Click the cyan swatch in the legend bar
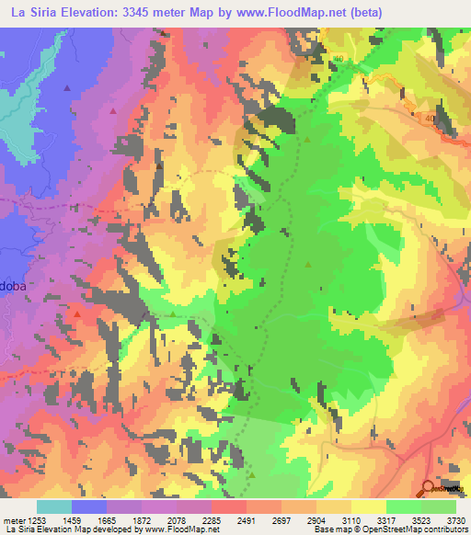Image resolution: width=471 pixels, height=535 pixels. tap(54, 507)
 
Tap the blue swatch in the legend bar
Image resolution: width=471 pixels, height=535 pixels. tap(89, 507)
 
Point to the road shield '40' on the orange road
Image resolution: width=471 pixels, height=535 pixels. tap(430, 118)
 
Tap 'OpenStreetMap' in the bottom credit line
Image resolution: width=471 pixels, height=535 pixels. tap(385, 530)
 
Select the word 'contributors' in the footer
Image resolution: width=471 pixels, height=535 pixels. tap(444, 530)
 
